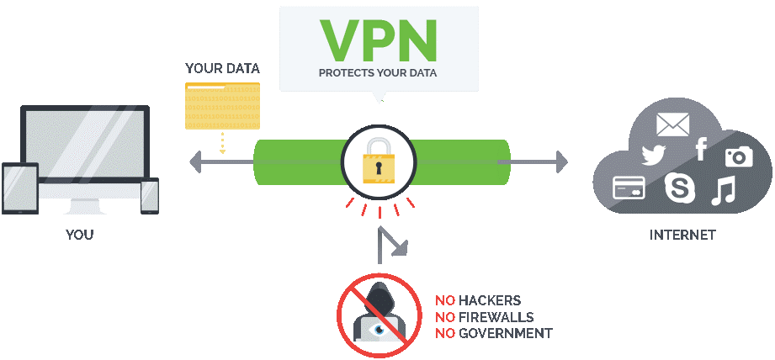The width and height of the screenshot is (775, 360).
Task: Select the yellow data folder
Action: coord(222,106)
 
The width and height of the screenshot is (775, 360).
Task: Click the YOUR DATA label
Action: coord(222,68)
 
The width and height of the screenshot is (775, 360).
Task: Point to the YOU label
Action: coord(80,235)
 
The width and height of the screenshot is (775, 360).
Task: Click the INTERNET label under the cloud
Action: coord(682,235)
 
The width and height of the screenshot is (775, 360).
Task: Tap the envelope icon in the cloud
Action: coord(672,125)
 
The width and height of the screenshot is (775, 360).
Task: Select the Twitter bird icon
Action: coord(654,155)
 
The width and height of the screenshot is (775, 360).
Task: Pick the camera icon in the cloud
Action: coord(739,156)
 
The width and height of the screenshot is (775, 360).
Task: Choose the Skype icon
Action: coord(678,188)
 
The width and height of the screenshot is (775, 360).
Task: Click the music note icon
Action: coord(723,192)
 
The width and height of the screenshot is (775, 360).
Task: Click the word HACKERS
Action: coord(490,300)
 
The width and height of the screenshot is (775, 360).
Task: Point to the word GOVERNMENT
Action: coord(505,334)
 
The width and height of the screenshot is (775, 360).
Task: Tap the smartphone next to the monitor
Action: coord(150,196)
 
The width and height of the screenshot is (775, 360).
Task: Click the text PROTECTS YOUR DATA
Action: coord(378,73)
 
